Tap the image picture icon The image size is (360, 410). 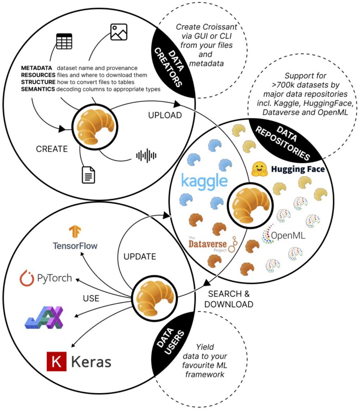click(119, 32)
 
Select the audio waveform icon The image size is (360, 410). click(146, 155)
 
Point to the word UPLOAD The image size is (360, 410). click(165, 115)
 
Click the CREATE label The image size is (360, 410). click(52, 149)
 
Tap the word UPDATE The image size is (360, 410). click(139, 256)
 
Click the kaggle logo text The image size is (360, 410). click(204, 181)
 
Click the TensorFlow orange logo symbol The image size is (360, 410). click(75, 232)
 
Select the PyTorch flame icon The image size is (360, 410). click(27, 278)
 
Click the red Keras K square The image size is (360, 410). click(56, 362)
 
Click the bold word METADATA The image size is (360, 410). click(37, 68)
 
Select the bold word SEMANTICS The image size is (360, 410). click(38, 89)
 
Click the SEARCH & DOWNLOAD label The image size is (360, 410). click(229, 299)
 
